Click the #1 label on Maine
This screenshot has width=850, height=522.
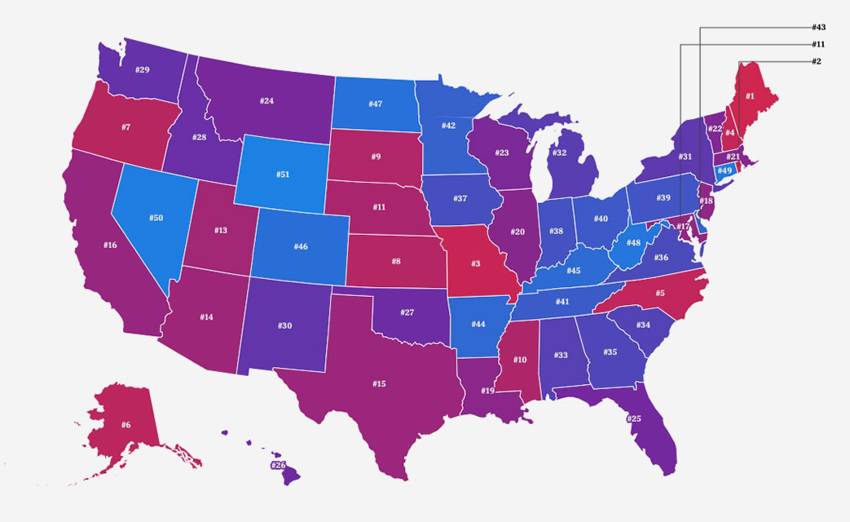tap(750, 96)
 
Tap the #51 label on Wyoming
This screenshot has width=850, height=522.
tap(283, 174)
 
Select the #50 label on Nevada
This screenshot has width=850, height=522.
tap(156, 219)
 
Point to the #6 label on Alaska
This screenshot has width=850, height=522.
tap(126, 425)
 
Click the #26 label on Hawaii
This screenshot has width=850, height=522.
tap(279, 466)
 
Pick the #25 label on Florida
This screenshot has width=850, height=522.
tap(634, 418)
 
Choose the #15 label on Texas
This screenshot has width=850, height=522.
tap(379, 383)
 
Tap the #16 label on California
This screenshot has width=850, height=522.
tap(111, 245)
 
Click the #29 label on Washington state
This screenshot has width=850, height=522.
tap(142, 70)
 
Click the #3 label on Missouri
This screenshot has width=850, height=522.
tap(474, 264)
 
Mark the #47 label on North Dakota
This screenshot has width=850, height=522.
tap(375, 104)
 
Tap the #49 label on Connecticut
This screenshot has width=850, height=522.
tap(724, 170)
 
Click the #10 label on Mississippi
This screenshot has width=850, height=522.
tap(519, 360)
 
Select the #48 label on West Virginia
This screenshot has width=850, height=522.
tap(633, 242)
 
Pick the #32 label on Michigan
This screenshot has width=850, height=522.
tap(559, 153)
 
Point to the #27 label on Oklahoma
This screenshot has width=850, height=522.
tap(407, 312)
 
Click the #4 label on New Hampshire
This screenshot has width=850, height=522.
tap(731, 132)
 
